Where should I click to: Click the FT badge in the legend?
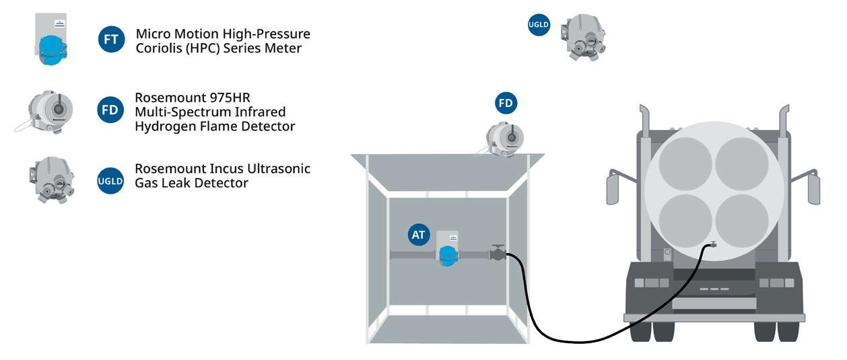111,40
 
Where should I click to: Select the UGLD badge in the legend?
110,180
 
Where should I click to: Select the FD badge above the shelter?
506,104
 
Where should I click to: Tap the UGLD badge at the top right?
539,26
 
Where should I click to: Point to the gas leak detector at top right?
584,37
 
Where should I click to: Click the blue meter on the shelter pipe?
446,254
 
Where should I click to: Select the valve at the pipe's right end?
498,254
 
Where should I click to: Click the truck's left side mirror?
613,186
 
